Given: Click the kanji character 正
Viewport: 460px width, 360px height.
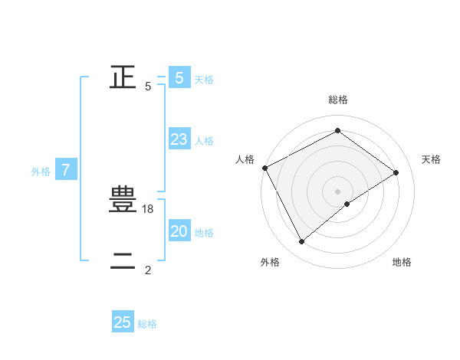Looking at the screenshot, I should (x=123, y=77).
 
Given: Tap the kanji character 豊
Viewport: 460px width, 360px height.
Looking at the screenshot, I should (x=123, y=201).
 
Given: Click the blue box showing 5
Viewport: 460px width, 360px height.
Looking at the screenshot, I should (x=179, y=78).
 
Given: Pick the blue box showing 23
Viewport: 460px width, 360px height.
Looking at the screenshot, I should (x=179, y=139).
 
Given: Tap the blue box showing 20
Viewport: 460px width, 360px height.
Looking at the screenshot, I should (x=179, y=231).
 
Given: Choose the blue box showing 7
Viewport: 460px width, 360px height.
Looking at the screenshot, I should (x=66, y=170).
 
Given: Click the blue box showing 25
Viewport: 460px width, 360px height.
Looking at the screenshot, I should (x=123, y=322).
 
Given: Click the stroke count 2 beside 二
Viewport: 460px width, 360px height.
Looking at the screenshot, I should (x=148, y=270).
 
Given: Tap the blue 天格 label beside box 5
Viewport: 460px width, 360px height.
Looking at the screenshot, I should (x=204, y=80).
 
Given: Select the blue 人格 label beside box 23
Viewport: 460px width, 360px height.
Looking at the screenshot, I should (x=204, y=141).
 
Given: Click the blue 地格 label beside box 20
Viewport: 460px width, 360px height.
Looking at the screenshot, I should (x=204, y=233).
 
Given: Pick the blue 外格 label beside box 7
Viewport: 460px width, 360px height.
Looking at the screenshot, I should (x=41, y=172).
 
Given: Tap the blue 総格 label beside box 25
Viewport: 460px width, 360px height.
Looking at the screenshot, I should (x=147, y=324).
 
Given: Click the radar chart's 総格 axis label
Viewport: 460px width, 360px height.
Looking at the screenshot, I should (x=337, y=100).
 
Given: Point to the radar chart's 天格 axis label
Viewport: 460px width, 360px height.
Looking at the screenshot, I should (x=432, y=159).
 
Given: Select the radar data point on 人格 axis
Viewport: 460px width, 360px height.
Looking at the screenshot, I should (x=264, y=168).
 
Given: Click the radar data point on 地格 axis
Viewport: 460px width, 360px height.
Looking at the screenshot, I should (x=347, y=204).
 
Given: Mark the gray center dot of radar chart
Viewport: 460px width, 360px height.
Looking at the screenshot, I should (x=337, y=191).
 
